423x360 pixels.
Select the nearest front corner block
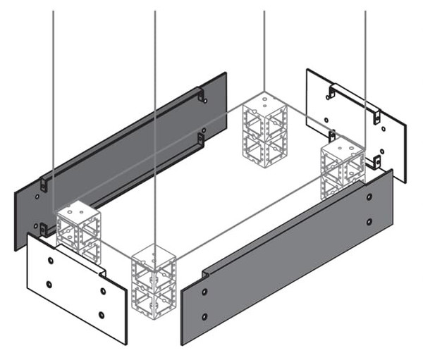pyautogui.click(x=154, y=280)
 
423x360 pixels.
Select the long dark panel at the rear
pyautogui.click(x=120, y=159)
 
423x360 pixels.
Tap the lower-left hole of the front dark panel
pyautogui.click(x=204, y=315)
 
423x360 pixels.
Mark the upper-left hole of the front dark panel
pyautogui.click(x=204, y=290)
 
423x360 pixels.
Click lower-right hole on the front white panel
pyautogui.click(x=102, y=314)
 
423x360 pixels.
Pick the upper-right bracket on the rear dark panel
pyautogui.click(x=201, y=95)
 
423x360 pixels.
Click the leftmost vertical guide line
pyautogui.click(x=54, y=106)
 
